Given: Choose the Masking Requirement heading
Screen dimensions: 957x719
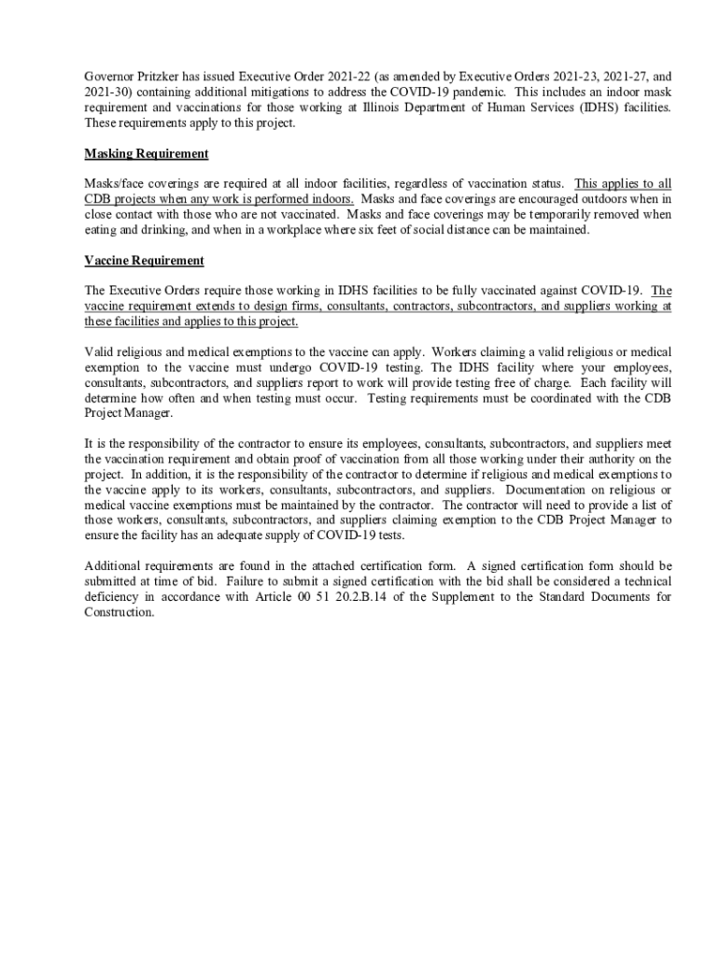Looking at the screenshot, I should click(146, 153).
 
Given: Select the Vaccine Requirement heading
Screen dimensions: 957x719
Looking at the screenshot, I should click(144, 261).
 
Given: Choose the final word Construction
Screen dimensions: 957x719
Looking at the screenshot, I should click(119, 612).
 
